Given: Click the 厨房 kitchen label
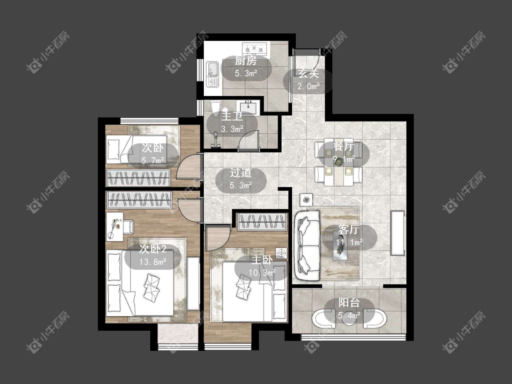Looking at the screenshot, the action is pyautogui.click(x=246, y=61).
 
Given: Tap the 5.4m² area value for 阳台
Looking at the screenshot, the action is pyautogui.click(x=349, y=315).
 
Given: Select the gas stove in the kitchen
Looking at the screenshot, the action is pyautogui.click(x=254, y=49).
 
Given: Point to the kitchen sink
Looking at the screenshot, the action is pyautogui.click(x=213, y=75).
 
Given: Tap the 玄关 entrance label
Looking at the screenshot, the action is pyautogui.click(x=308, y=74).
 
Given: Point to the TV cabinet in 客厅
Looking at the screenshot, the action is pyautogui.click(x=398, y=233).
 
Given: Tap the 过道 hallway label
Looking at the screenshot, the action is pyautogui.click(x=241, y=173).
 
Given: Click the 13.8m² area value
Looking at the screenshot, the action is pyautogui.click(x=153, y=262).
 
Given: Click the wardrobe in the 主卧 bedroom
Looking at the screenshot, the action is pyautogui.click(x=263, y=222).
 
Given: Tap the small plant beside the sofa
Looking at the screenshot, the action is pyautogui.click(x=306, y=200).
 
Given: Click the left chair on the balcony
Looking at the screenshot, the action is pyautogui.click(x=323, y=318).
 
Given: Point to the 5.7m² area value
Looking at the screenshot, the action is pyautogui.click(x=152, y=160).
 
